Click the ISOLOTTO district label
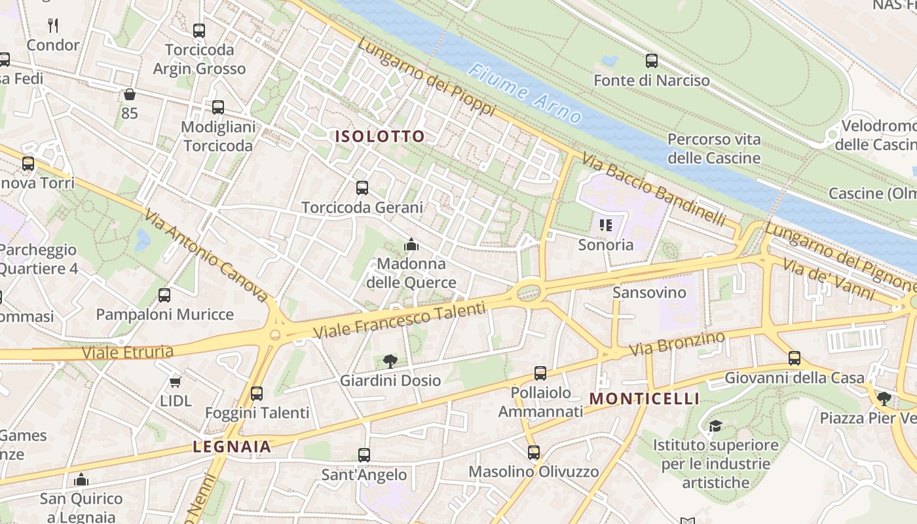click(380, 136)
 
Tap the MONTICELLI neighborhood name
click(645, 399)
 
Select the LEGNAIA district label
click(232, 447)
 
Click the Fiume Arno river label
click(525, 94)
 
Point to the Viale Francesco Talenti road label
click(400, 320)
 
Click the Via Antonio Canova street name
click(206, 255)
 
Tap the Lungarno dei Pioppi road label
click(426, 76)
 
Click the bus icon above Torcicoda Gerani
click(362, 188)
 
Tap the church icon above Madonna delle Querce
click(411, 245)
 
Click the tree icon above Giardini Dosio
click(390, 361)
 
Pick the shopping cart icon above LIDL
click(175, 381)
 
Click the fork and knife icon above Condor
click(53, 26)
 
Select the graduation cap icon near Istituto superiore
click(715, 426)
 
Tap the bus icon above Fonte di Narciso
click(651, 61)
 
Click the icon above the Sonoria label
click(605, 225)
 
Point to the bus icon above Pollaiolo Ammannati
click(540, 373)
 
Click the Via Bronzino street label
click(677, 344)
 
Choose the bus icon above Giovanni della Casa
click(794, 358)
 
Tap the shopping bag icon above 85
click(130, 94)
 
